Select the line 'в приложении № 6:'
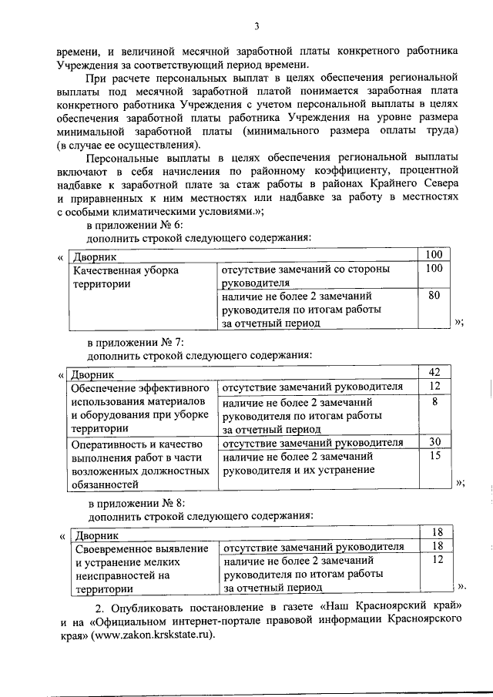click(134, 224)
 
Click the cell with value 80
click(434, 296)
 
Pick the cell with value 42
click(434, 374)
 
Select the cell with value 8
click(434, 401)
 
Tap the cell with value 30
click(434, 442)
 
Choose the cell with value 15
click(434, 456)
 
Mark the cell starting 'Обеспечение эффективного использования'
click(139, 408)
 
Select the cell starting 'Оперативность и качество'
click(139, 463)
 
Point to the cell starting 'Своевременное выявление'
click(139, 568)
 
